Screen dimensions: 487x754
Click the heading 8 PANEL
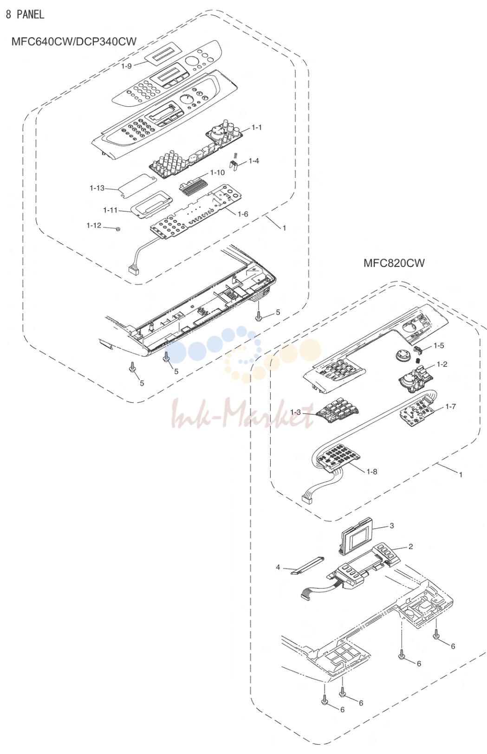click(25, 14)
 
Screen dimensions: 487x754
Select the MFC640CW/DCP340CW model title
click(74, 41)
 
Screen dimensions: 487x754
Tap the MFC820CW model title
click(394, 263)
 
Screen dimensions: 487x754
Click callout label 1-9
click(126, 66)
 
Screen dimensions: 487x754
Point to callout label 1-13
click(97, 188)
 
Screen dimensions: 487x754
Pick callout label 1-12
click(94, 225)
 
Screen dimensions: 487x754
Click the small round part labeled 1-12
click(118, 229)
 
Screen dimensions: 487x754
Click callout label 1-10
click(217, 173)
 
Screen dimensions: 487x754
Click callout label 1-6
click(243, 214)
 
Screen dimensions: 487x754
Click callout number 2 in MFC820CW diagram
click(410, 546)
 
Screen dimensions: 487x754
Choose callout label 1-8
click(372, 471)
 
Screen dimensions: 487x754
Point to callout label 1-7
click(451, 406)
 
